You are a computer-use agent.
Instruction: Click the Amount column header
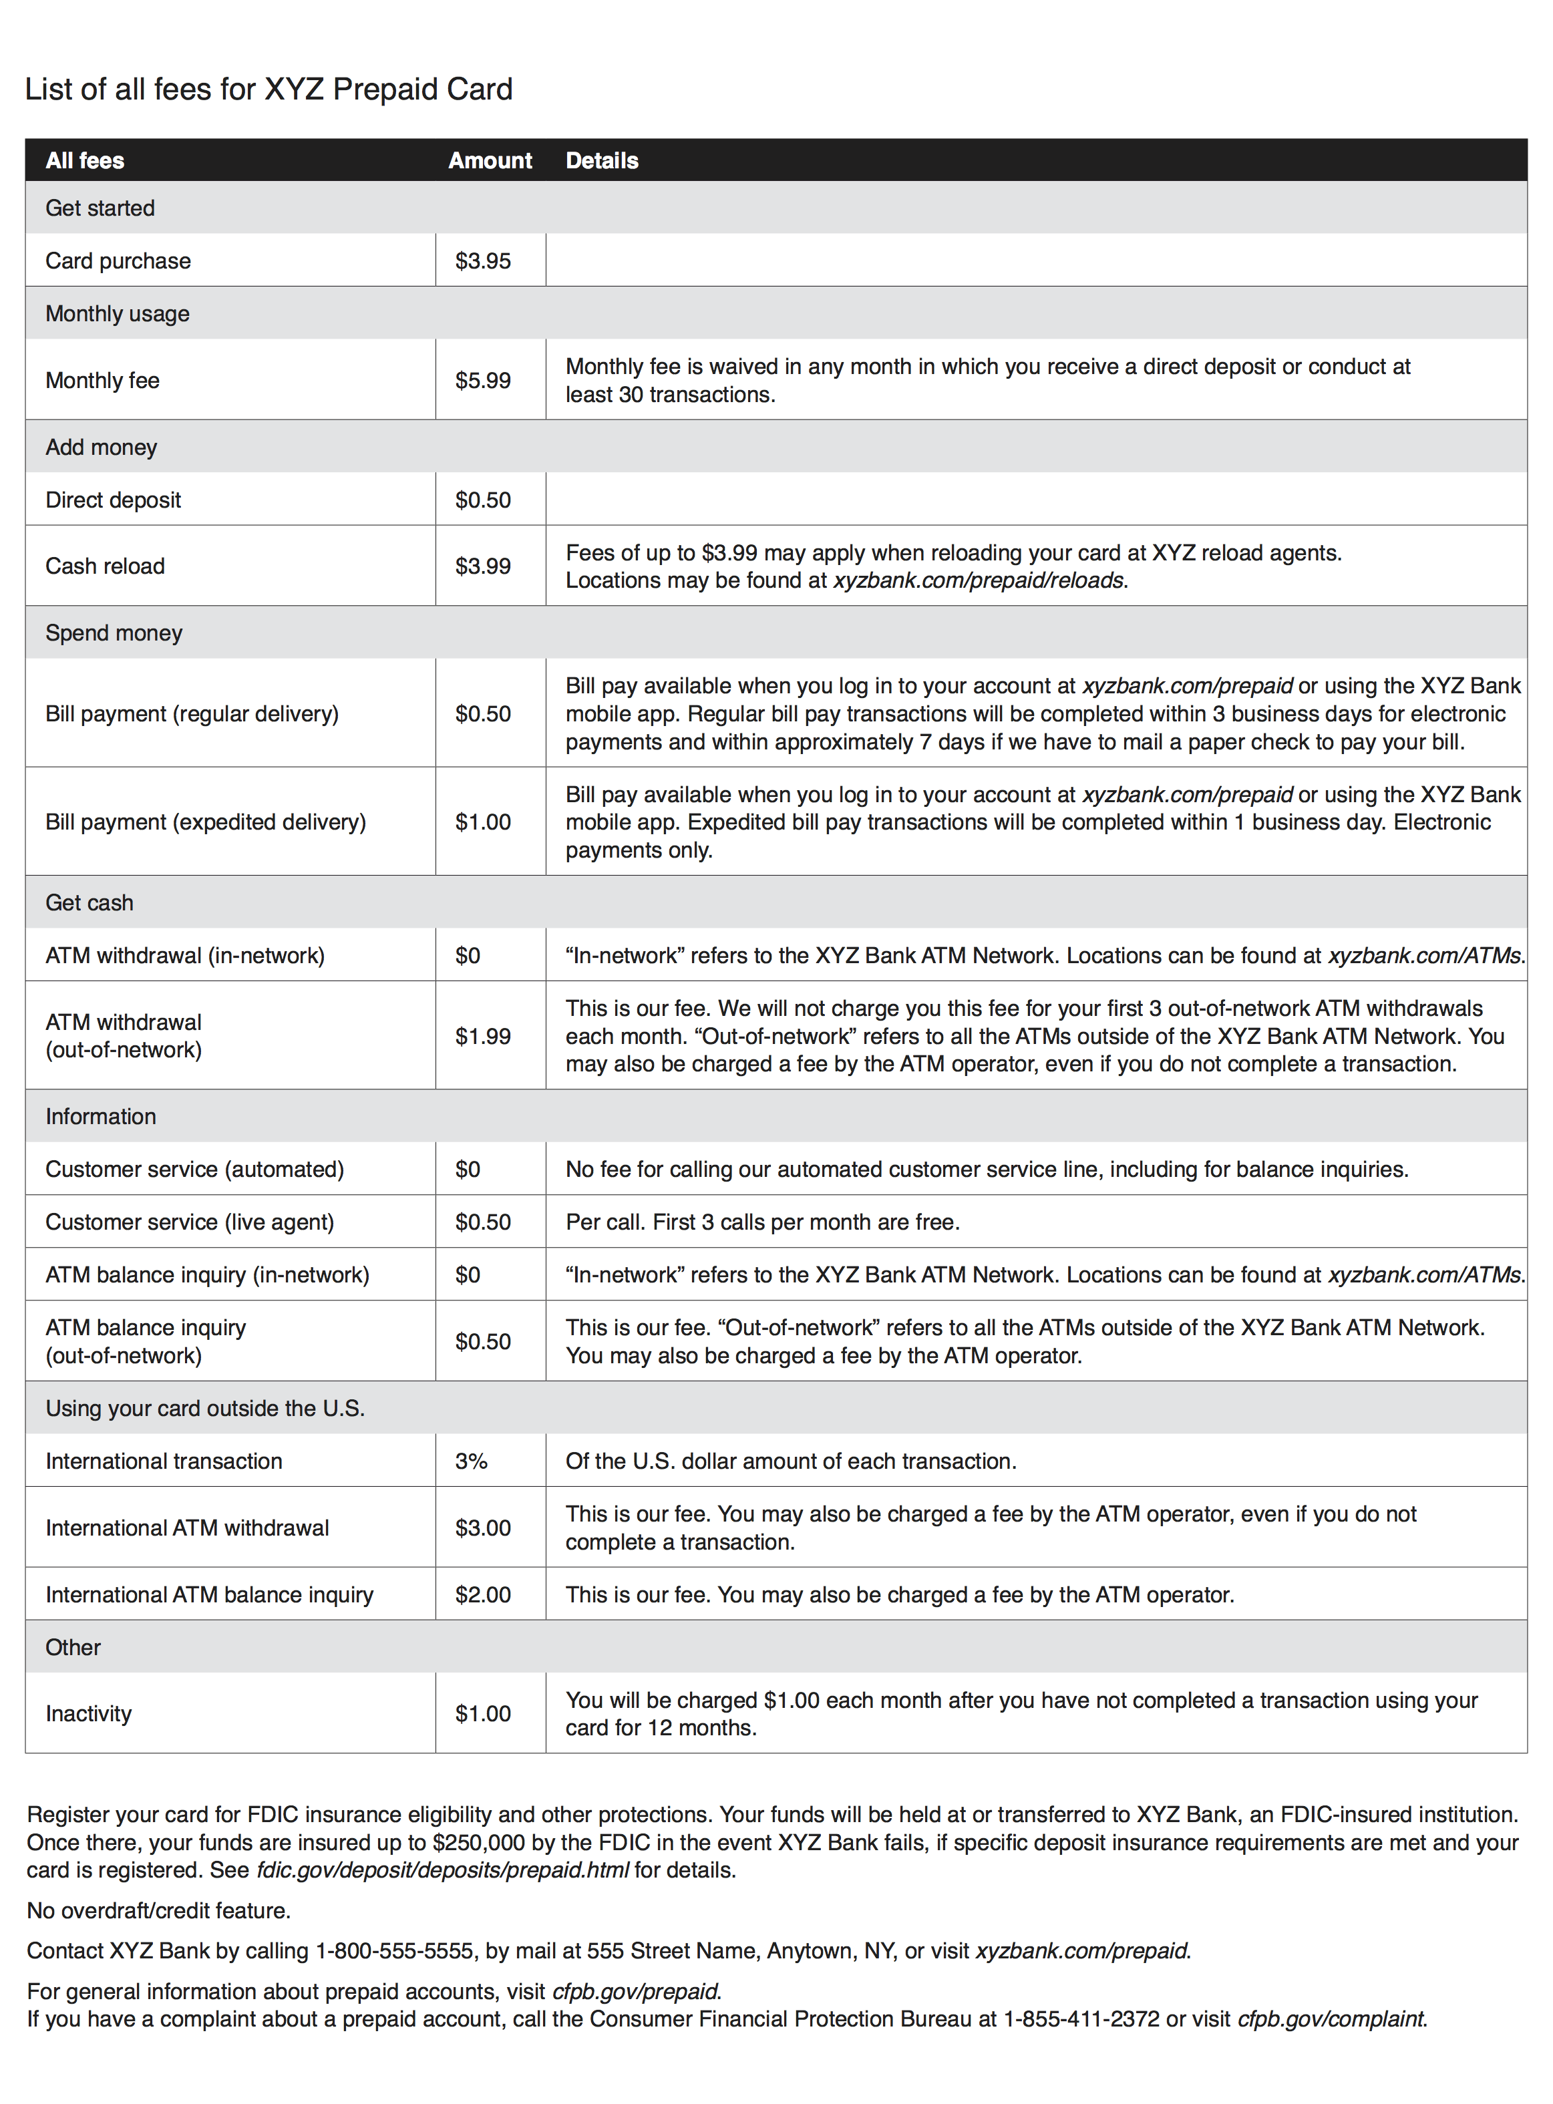tap(490, 161)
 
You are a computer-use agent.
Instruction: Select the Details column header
tap(602, 161)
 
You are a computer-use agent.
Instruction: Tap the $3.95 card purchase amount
tap(483, 260)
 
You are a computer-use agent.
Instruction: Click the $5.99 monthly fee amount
tap(483, 381)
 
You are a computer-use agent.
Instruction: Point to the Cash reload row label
tap(106, 566)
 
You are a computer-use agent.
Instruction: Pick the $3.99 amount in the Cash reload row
tap(483, 566)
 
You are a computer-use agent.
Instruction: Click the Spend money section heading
tap(114, 633)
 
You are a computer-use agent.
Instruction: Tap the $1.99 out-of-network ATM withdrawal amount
tap(483, 1036)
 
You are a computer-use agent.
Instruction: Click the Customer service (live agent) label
tap(190, 1222)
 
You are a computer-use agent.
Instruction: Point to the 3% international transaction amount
tap(471, 1461)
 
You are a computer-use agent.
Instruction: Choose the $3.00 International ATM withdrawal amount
tap(483, 1528)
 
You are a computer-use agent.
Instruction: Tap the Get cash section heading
tap(90, 902)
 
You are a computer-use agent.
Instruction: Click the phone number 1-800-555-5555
tap(394, 1951)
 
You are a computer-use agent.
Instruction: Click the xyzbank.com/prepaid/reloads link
tap(979, 580)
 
